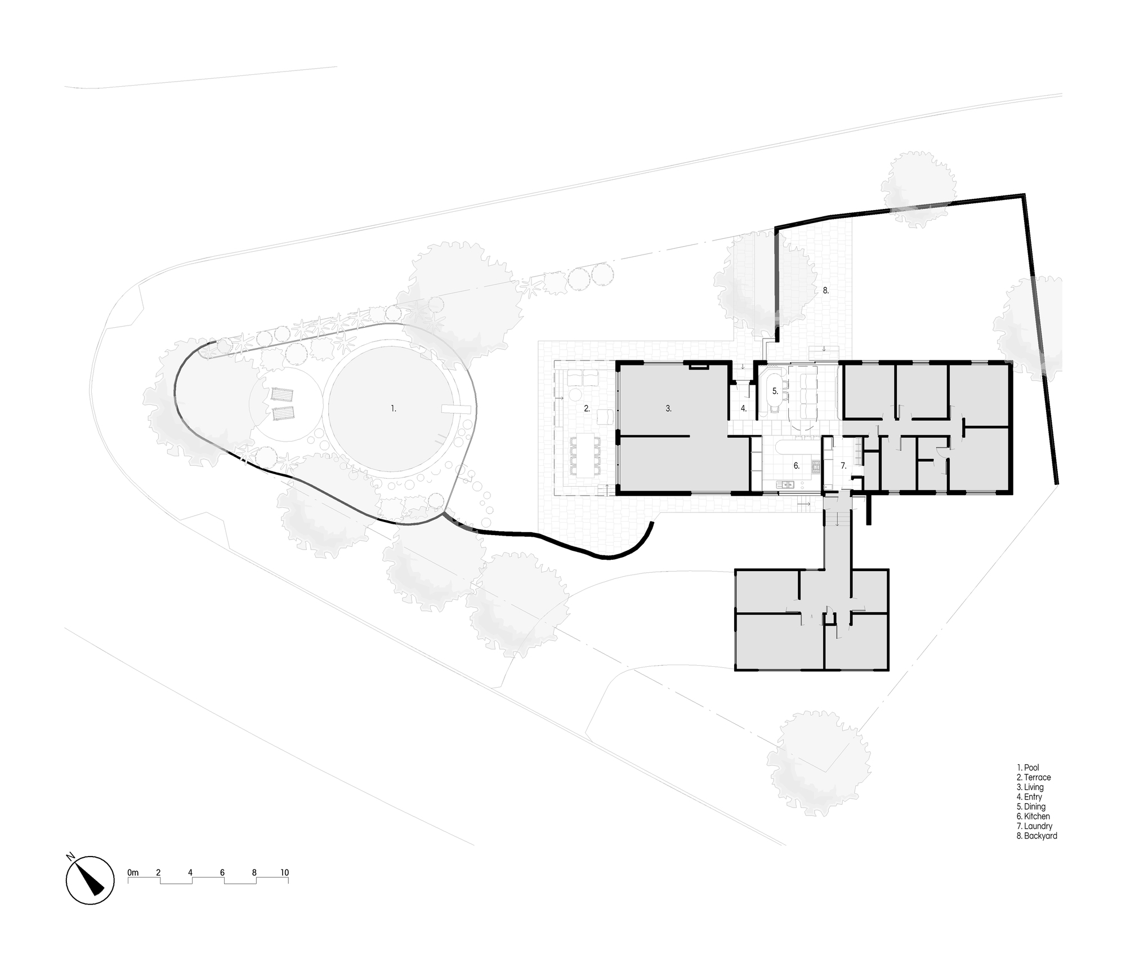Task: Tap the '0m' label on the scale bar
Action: [133, 872]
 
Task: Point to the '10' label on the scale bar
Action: [284, 872]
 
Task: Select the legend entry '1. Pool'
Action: [1028, 767]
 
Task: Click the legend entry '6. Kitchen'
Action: [1033, 816]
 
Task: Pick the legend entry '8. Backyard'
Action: [1036, 836]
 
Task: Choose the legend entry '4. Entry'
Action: [1029, 797]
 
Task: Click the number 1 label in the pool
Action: [394, 408]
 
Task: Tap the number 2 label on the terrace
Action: [587, 408]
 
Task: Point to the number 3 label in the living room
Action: [668, 408]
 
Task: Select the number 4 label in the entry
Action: [744, 408]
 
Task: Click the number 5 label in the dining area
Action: [775, 390]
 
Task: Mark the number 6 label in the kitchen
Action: [797, 466]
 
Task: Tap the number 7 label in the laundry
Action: [843, 466]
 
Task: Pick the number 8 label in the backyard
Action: [826, 290]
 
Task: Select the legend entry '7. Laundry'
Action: [1034, 826]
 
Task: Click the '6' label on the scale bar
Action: [222, 872]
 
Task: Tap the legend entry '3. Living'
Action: [1030, 787]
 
